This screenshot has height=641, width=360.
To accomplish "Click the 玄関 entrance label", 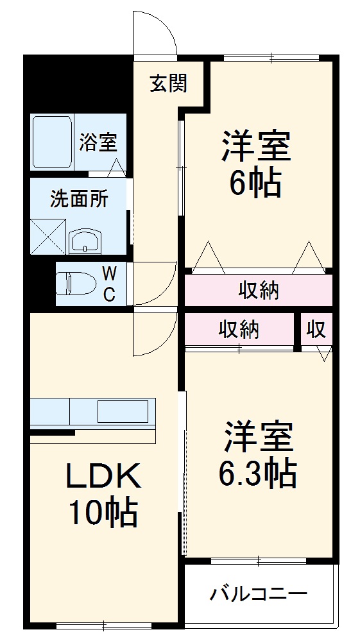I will click(169, 83).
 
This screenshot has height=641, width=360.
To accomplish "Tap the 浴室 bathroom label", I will click(98, 142).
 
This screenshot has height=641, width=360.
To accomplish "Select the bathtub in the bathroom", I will click(52, 142).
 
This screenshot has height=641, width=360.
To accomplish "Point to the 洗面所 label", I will click(79, 199).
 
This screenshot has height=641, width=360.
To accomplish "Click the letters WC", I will click(110, 284).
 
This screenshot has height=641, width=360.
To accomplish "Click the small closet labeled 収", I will click(316, 330).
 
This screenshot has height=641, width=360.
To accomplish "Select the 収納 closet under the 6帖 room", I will click(259, 291).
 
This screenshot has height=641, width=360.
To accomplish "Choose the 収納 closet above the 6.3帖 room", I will click(239, 330).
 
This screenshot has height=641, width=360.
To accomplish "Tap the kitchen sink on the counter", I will click(122, 410).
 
